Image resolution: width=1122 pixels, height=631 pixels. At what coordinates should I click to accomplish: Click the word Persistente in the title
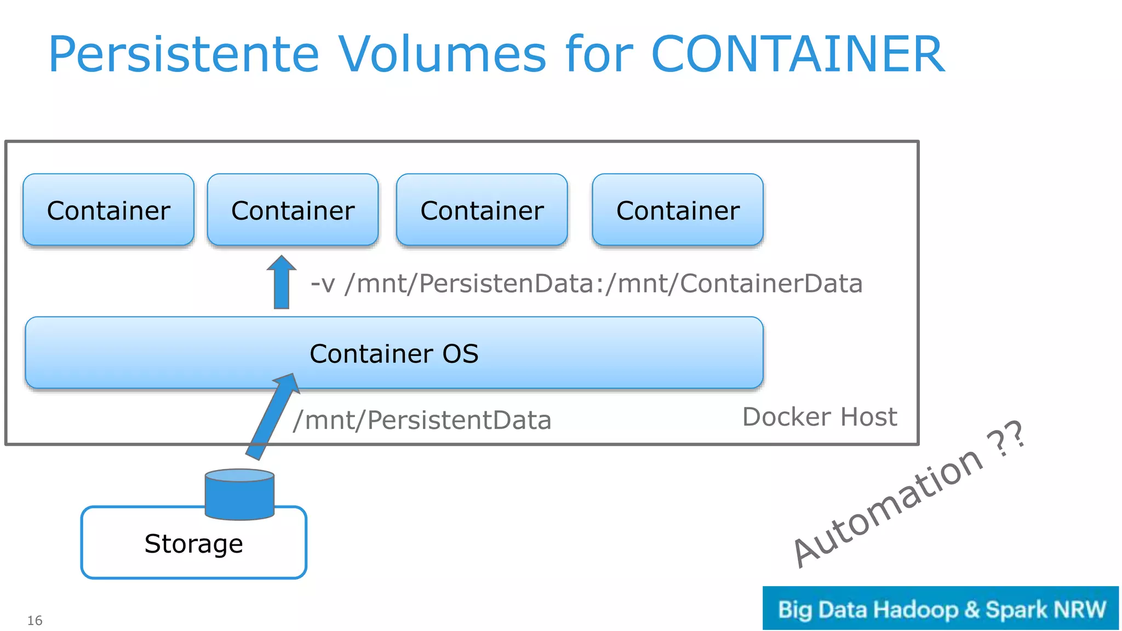184,55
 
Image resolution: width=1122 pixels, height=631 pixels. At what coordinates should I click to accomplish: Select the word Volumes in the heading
442,55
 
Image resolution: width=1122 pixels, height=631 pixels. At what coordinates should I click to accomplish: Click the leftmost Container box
108,210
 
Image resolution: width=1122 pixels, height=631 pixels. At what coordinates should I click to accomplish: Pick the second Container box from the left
293,210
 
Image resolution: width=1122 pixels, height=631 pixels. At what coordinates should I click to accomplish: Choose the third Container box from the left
482,210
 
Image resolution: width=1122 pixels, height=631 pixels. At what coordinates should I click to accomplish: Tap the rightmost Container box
678,210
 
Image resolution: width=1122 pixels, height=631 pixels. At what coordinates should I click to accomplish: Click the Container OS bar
394,353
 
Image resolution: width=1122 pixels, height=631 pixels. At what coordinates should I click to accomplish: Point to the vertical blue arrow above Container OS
282,284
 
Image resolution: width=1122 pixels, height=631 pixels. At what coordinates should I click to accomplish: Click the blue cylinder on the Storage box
239,495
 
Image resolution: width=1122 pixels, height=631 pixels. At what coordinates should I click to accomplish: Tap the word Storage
193,544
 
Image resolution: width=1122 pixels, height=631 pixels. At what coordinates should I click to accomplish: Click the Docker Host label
819,417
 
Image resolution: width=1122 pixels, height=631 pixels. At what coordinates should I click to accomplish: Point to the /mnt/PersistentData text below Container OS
422,421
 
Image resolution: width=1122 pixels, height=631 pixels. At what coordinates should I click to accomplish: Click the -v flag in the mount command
323,284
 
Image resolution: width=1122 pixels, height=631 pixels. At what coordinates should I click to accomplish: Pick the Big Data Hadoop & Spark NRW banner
940,609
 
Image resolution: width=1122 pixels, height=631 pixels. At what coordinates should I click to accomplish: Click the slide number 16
35,621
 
